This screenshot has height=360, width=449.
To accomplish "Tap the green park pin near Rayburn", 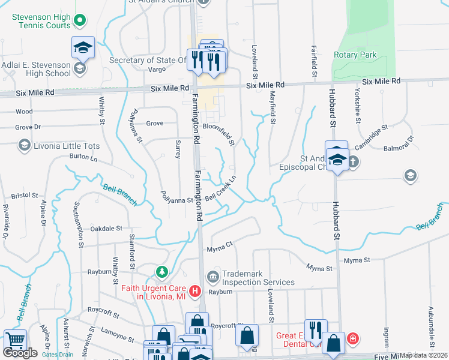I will tap(161, 273).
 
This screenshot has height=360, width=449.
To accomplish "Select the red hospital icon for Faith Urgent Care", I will tap(194, 292).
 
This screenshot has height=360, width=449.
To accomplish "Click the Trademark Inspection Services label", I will tap(258, 278).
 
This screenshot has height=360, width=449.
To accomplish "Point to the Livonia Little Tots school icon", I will tap(24, 145).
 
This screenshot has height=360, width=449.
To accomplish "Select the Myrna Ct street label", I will tap(219, 245).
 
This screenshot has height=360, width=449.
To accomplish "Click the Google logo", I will tap(20, 353).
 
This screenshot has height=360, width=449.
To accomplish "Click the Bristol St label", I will tap(25, 196).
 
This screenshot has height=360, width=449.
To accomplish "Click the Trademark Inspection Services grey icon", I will tap(213, 277).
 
